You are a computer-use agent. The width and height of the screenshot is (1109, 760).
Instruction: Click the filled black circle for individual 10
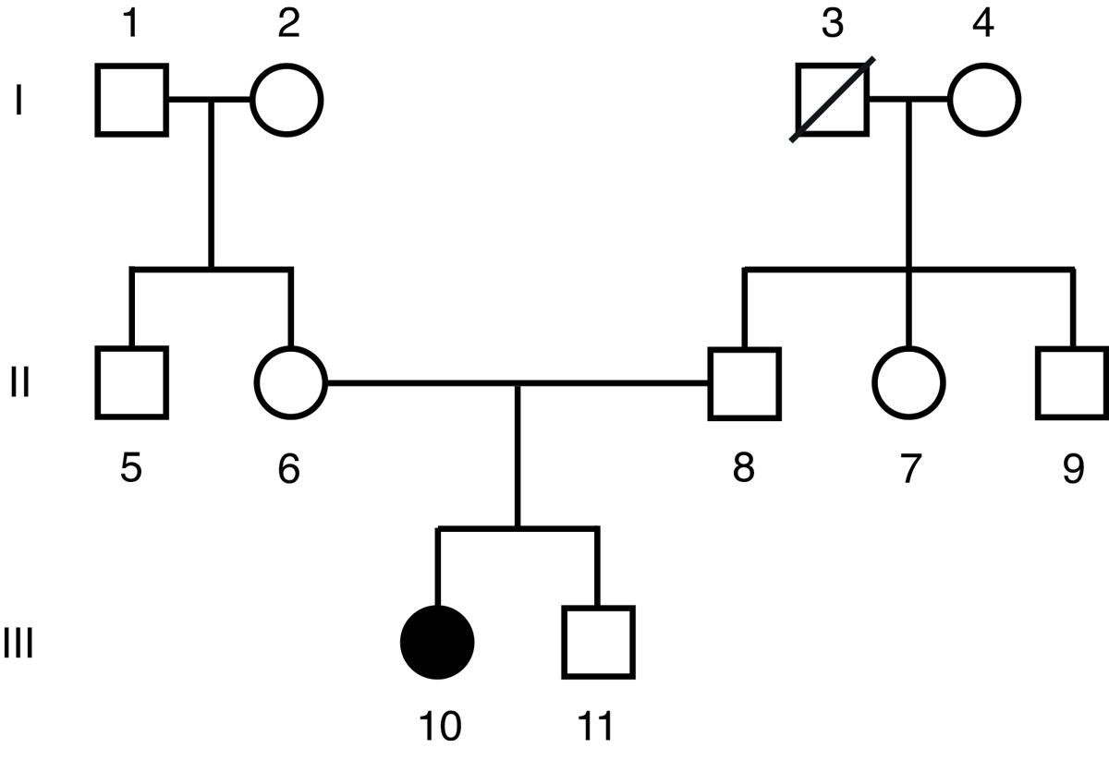click(437, 642)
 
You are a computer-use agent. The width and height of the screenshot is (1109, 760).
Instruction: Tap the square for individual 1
click(132, 100)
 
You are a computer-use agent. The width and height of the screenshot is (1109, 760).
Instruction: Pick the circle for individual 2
click(287, 100)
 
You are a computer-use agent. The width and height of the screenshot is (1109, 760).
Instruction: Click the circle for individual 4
click(984, 100)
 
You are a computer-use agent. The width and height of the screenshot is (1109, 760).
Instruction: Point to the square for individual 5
click(132, 381)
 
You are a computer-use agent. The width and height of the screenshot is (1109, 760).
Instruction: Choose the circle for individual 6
click(290, 381)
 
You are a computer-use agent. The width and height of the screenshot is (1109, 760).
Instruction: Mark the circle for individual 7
click(909, 381)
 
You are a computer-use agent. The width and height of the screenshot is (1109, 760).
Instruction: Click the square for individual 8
click(745, 381)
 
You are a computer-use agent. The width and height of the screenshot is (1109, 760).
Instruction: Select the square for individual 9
click(1072, 381)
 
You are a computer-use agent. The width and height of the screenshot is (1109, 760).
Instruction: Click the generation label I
click(18, 101)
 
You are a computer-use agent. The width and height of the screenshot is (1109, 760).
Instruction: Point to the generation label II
click(19, 382)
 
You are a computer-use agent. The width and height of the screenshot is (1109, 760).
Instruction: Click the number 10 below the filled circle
click(438, 727)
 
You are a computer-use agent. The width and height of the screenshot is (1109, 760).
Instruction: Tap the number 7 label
click(910, 469)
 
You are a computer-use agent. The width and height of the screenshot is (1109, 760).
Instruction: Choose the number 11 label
click(595, 727)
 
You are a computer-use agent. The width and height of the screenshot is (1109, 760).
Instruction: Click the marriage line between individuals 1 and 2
click(210, 100)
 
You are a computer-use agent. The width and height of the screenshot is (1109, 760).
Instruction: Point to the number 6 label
click(289, 469)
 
